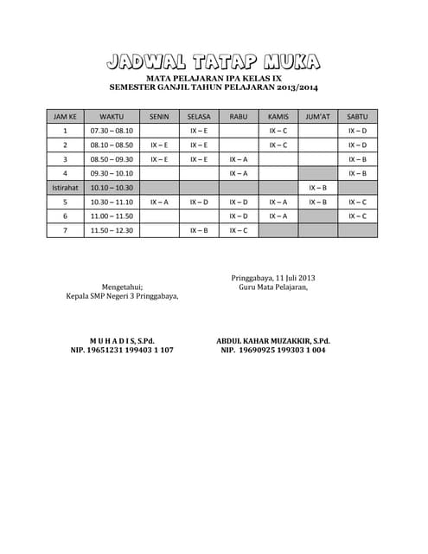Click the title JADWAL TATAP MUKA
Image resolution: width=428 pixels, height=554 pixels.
point(214,61)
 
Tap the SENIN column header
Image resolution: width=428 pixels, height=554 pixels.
point(159,115)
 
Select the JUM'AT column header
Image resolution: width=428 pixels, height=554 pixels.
point(318,115)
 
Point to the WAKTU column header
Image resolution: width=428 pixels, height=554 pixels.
point(112,115)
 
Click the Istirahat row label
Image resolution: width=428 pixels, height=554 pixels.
point(65,188)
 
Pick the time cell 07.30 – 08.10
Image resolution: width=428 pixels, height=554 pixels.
point(112,130)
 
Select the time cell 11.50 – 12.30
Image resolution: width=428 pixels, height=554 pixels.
point(112,231)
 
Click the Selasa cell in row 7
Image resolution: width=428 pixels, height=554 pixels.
point(199,231)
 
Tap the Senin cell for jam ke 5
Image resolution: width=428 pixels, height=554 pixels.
point(159,202)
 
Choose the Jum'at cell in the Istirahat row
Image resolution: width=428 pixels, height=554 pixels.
point(318,188)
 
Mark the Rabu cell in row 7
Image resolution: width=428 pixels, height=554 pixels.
point(239,231)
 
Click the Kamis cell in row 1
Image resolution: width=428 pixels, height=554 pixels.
point(278,130)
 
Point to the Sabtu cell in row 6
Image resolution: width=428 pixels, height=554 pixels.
point(358,216)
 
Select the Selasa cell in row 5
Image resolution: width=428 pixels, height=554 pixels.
point(199,202)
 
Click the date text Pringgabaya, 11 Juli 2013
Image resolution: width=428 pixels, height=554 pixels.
point(273,277)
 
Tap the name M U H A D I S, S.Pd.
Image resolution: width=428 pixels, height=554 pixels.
point(122,341)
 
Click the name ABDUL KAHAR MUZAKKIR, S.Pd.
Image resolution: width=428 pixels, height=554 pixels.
point(273,341)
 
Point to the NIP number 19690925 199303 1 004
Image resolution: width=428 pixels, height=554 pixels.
point(284,351)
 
